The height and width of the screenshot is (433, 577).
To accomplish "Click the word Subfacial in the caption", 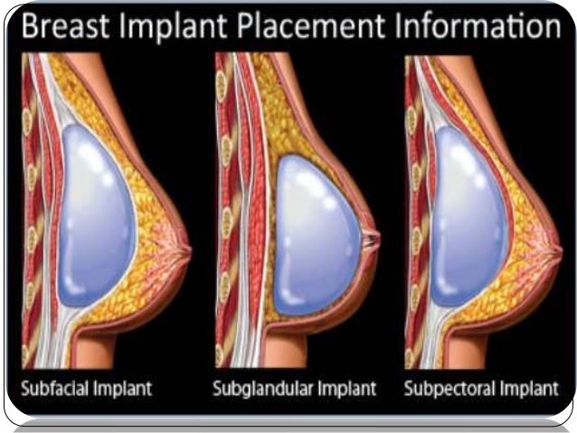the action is pyautogui.click(x=55, y=391).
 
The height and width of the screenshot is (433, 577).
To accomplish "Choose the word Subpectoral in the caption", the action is pyautogui.click(x=448, y=391).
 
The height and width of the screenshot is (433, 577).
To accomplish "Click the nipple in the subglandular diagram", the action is pyautogui.click(x=372, y=240).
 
